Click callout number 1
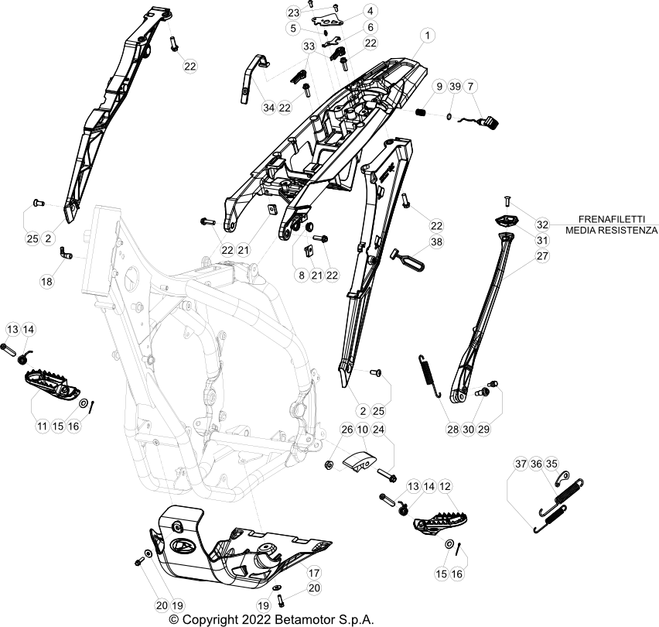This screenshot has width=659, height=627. [429, 36]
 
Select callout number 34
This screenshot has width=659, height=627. [268, 107]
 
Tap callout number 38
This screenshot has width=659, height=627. [437, 242]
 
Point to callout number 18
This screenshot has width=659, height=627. [48, 282]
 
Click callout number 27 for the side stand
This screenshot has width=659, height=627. [542, 255]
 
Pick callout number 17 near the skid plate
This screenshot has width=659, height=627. [313, 573]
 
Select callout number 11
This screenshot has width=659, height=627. [41, 426]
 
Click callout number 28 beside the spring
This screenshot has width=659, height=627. [452, 428]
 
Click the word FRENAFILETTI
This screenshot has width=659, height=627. [611, 219]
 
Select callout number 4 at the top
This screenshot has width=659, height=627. [370, 11]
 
